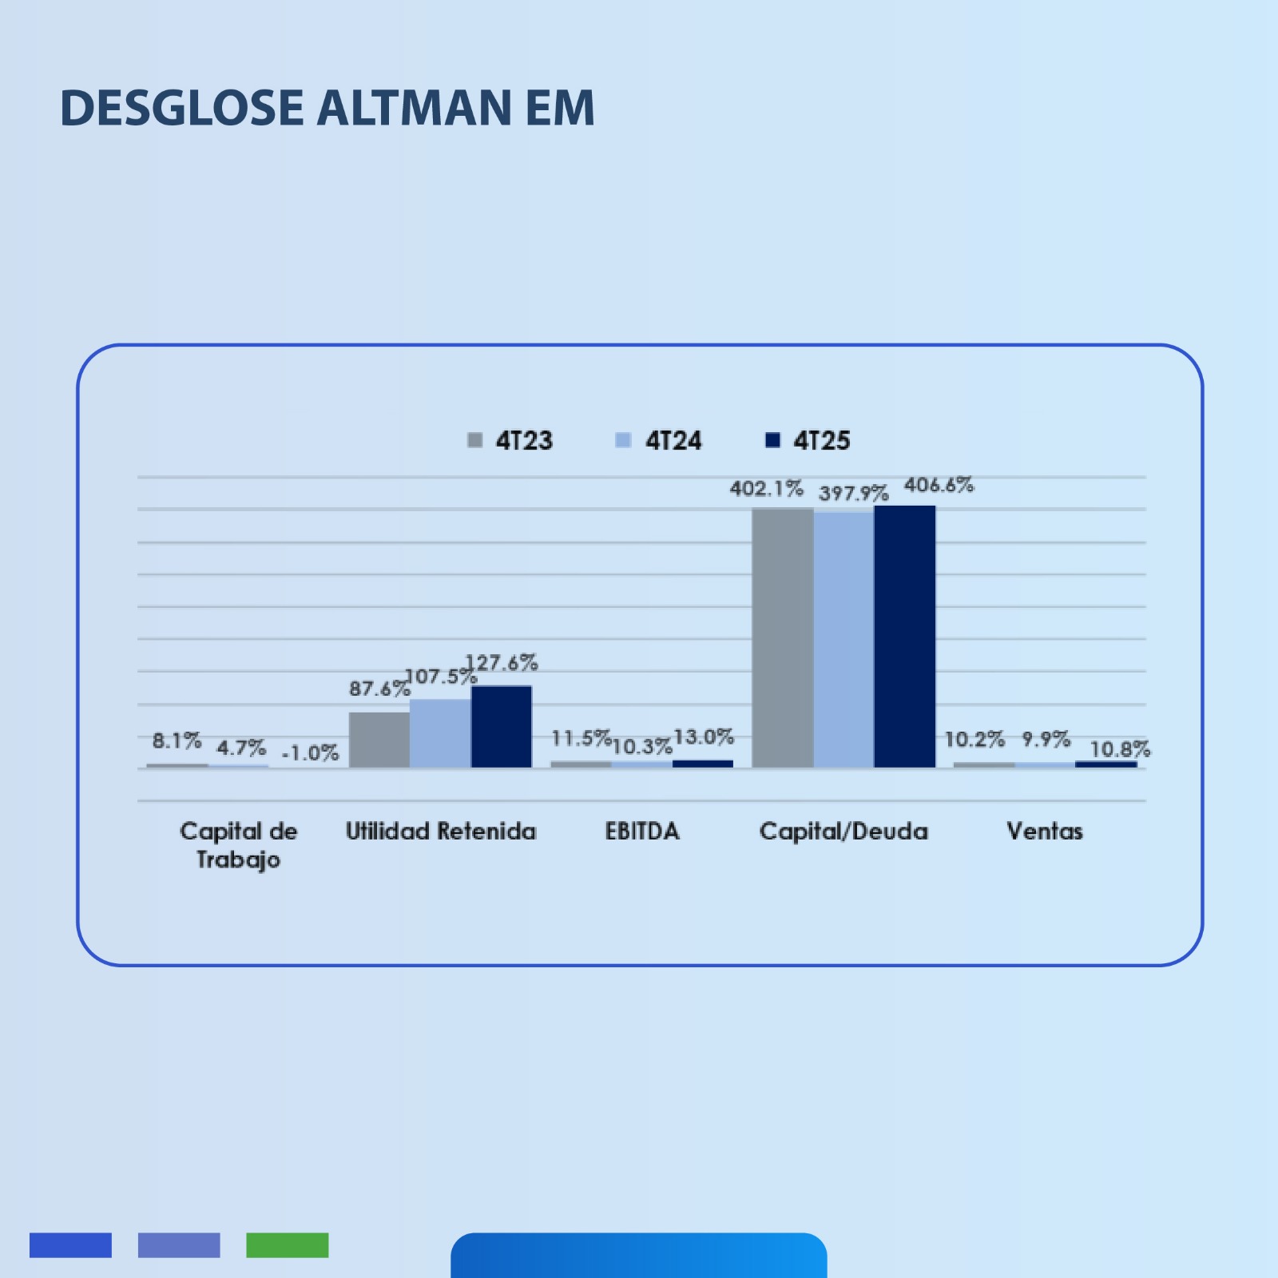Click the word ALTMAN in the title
click(x=415, y=108)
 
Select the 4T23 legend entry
click(x=510, y=441)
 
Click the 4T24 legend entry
click(x=659, y=441)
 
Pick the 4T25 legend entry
click(x=808, y=441)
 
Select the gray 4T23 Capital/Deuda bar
click(x=782, y=638)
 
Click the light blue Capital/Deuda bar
click(x=843, y=640)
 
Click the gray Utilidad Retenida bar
click(x=379, y=740)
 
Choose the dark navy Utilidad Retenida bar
click(x=501, y=727)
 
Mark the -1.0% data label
click(x=311, y=753)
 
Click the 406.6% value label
click(x=939, y=486)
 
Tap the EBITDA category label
click(x=642, y=831)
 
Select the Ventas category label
click(x=1045, y=831)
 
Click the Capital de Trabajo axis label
click(x=238, y=845)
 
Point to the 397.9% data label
click(x=853, y=494)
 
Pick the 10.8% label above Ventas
click(x=1120, y=749)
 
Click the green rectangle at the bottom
click(x=288, y=1245)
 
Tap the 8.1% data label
click(x=177, y=741)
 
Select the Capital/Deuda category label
click(x=843, y=831)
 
